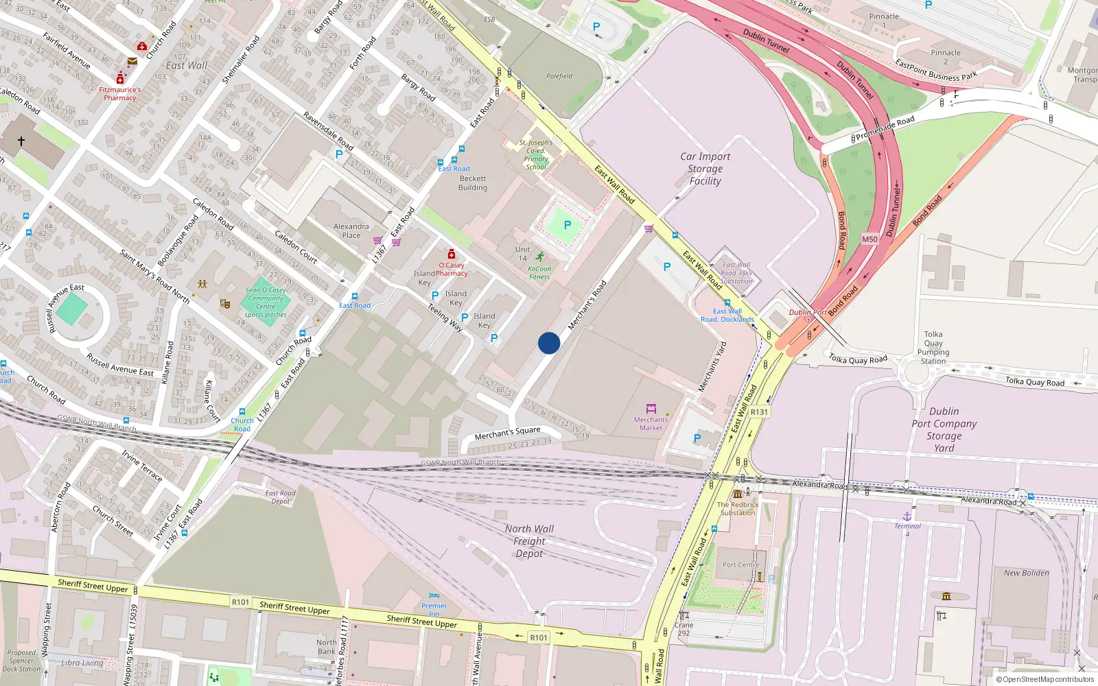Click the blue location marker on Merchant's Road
[548, 343]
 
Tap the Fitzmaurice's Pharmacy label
[120, 94]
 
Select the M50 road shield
[869, 239]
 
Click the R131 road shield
[759, 412]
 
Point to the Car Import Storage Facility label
[705, 169]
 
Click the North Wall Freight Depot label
[529, 541]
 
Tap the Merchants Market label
[651, 423]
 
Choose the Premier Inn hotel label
[434, 606]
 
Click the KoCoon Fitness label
[539, 272]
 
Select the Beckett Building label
[473, 183]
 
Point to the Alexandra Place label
[351, 230]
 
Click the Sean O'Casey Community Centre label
[266, 302]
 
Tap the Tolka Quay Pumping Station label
[933, 348]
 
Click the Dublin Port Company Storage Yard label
[944, 429]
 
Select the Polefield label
[559, 76]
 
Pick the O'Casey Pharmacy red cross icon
[452, 254]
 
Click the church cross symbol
[21, 141]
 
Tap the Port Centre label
[741, 565]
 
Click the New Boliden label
[1026, 573]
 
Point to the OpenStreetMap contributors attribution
[1044, 679]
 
